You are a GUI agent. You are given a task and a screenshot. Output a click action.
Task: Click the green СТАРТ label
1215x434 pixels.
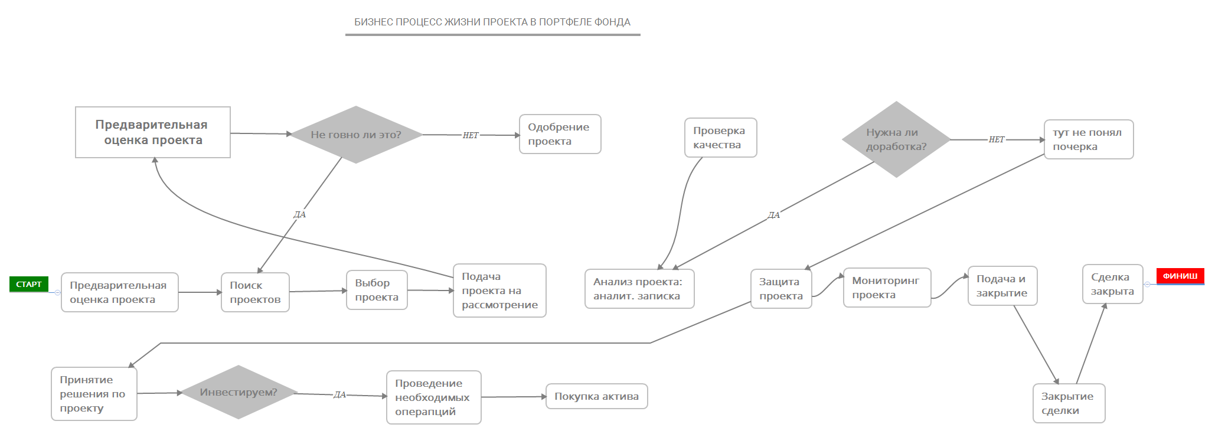pyautogui.click(x=28, y=284)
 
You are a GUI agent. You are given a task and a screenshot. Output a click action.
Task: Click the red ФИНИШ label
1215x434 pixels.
pyautogui.click(x=1180, y=276)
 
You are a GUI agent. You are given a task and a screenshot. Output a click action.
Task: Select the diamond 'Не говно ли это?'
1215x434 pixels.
pyautogui.click(x=355, y=135)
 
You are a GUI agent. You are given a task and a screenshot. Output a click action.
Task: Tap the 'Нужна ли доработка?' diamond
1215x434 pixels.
pyautogui.click(x=896, y=139)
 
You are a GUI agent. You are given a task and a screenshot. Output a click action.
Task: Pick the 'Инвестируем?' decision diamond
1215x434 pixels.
pyautogui.click(x=238, y=392)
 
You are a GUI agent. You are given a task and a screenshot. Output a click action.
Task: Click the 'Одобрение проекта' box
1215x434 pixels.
pyautogui.click(x=560, y=134)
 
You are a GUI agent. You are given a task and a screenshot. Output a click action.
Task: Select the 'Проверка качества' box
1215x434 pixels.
pyautogui.click(x=720, y=138)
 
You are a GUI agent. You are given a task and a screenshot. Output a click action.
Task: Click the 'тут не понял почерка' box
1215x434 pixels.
pyautogui.click(x=1088, y=139)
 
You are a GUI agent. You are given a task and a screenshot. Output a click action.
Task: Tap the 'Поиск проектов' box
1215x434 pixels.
pyautogui.click(x=255, y=292)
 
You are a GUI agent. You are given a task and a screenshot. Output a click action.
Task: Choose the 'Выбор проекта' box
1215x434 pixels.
pyautogui.click(x=377, y=290)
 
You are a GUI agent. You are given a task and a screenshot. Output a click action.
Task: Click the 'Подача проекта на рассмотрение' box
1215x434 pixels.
pyautogui.click(x=499, y=291)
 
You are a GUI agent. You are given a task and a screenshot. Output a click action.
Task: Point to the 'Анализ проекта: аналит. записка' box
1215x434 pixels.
pyautogui.click(x=639, y=289)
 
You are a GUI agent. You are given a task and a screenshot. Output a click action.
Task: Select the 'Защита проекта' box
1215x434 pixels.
pyautogui.click(x=780, y=289)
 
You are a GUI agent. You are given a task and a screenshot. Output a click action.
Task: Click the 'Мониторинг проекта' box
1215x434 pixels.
pyautogui.click(x=886, y=288)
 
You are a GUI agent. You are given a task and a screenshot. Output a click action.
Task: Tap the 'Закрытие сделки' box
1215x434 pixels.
pyautogui.click(x=1068, y=403)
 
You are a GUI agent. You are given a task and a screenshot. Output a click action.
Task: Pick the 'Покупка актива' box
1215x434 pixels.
pyautogui.click(x=596, y=396)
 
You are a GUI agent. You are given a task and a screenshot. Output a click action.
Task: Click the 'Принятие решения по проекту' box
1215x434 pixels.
pyautogui.click(x=94, y=394)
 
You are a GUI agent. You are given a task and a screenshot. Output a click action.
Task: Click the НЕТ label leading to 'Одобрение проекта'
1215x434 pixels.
pyautogui.click(x=471, y=135)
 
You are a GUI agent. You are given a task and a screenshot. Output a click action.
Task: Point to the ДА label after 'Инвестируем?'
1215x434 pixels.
pyautogui.click(x=339, y=394)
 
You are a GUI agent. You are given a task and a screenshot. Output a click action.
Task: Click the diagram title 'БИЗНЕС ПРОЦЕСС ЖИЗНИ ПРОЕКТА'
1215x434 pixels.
pyautogui.click(x=492, y=22)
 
